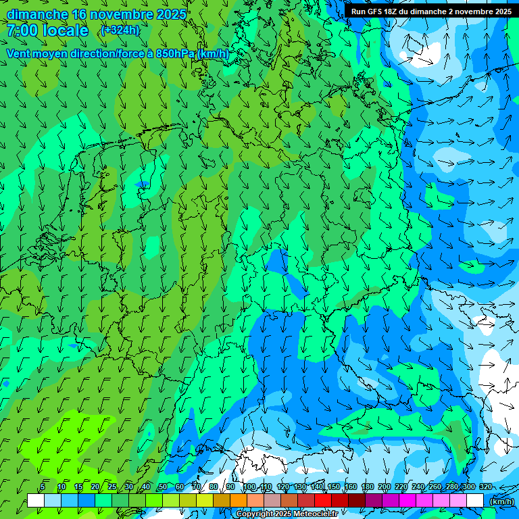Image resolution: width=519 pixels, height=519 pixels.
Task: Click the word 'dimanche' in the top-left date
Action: [x=37, y=14]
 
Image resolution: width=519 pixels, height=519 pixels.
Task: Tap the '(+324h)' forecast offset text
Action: [x=120, y=30]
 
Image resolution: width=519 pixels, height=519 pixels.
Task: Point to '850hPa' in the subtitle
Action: [x=175, y=53]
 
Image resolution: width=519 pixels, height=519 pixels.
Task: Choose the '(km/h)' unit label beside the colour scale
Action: [x=501, y=501]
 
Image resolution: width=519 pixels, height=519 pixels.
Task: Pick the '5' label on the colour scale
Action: [x=43, y=487]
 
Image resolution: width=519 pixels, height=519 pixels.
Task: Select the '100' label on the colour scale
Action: [x=249, y=487]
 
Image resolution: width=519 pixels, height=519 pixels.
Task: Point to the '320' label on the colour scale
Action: [x=486, y=487]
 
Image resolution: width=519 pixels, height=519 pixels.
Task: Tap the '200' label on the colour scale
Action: [x=385, y=487]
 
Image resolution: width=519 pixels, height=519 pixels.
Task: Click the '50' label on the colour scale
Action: [x=163, y=487]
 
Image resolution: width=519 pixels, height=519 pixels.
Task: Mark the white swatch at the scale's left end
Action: [x=36, y=501]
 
